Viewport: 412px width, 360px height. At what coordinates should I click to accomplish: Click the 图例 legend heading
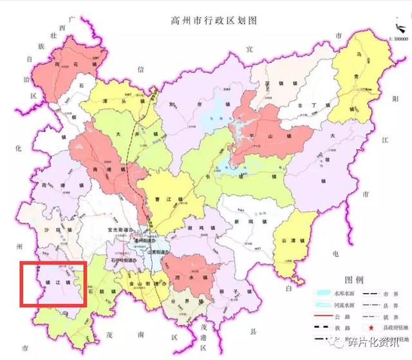[x=355, y=281]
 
